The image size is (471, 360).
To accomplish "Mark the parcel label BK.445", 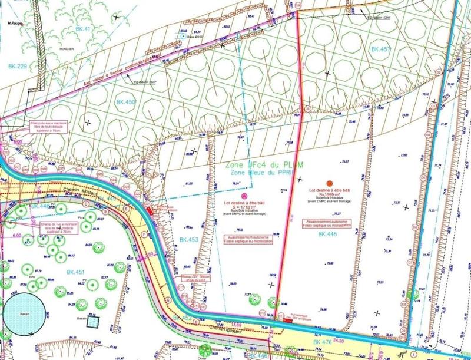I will pos(328,235).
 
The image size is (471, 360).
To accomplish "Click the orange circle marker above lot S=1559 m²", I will pos(330,183).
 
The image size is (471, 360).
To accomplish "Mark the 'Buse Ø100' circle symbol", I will pos(188,35).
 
